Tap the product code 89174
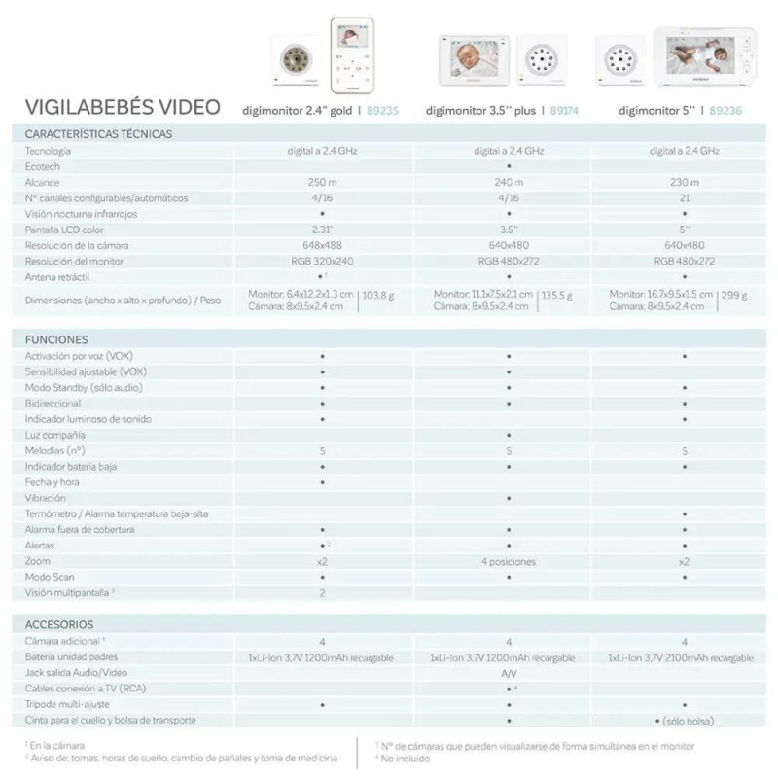click(565, 111)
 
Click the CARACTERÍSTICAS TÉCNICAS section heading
click(98, 134)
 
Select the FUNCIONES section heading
click(57, 340)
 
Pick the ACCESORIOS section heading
click(60, 624)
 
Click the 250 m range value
click(322, 183)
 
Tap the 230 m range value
click(685, 183)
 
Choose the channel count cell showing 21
click(685, 198)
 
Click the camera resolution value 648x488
click(322, 245)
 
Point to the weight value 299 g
click(736, 294)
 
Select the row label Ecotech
click(42, 167)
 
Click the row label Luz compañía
click(55, 435)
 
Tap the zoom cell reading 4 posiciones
click(509, 561)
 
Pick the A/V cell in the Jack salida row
click(509, 673)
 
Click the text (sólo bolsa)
click(690, 720)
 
